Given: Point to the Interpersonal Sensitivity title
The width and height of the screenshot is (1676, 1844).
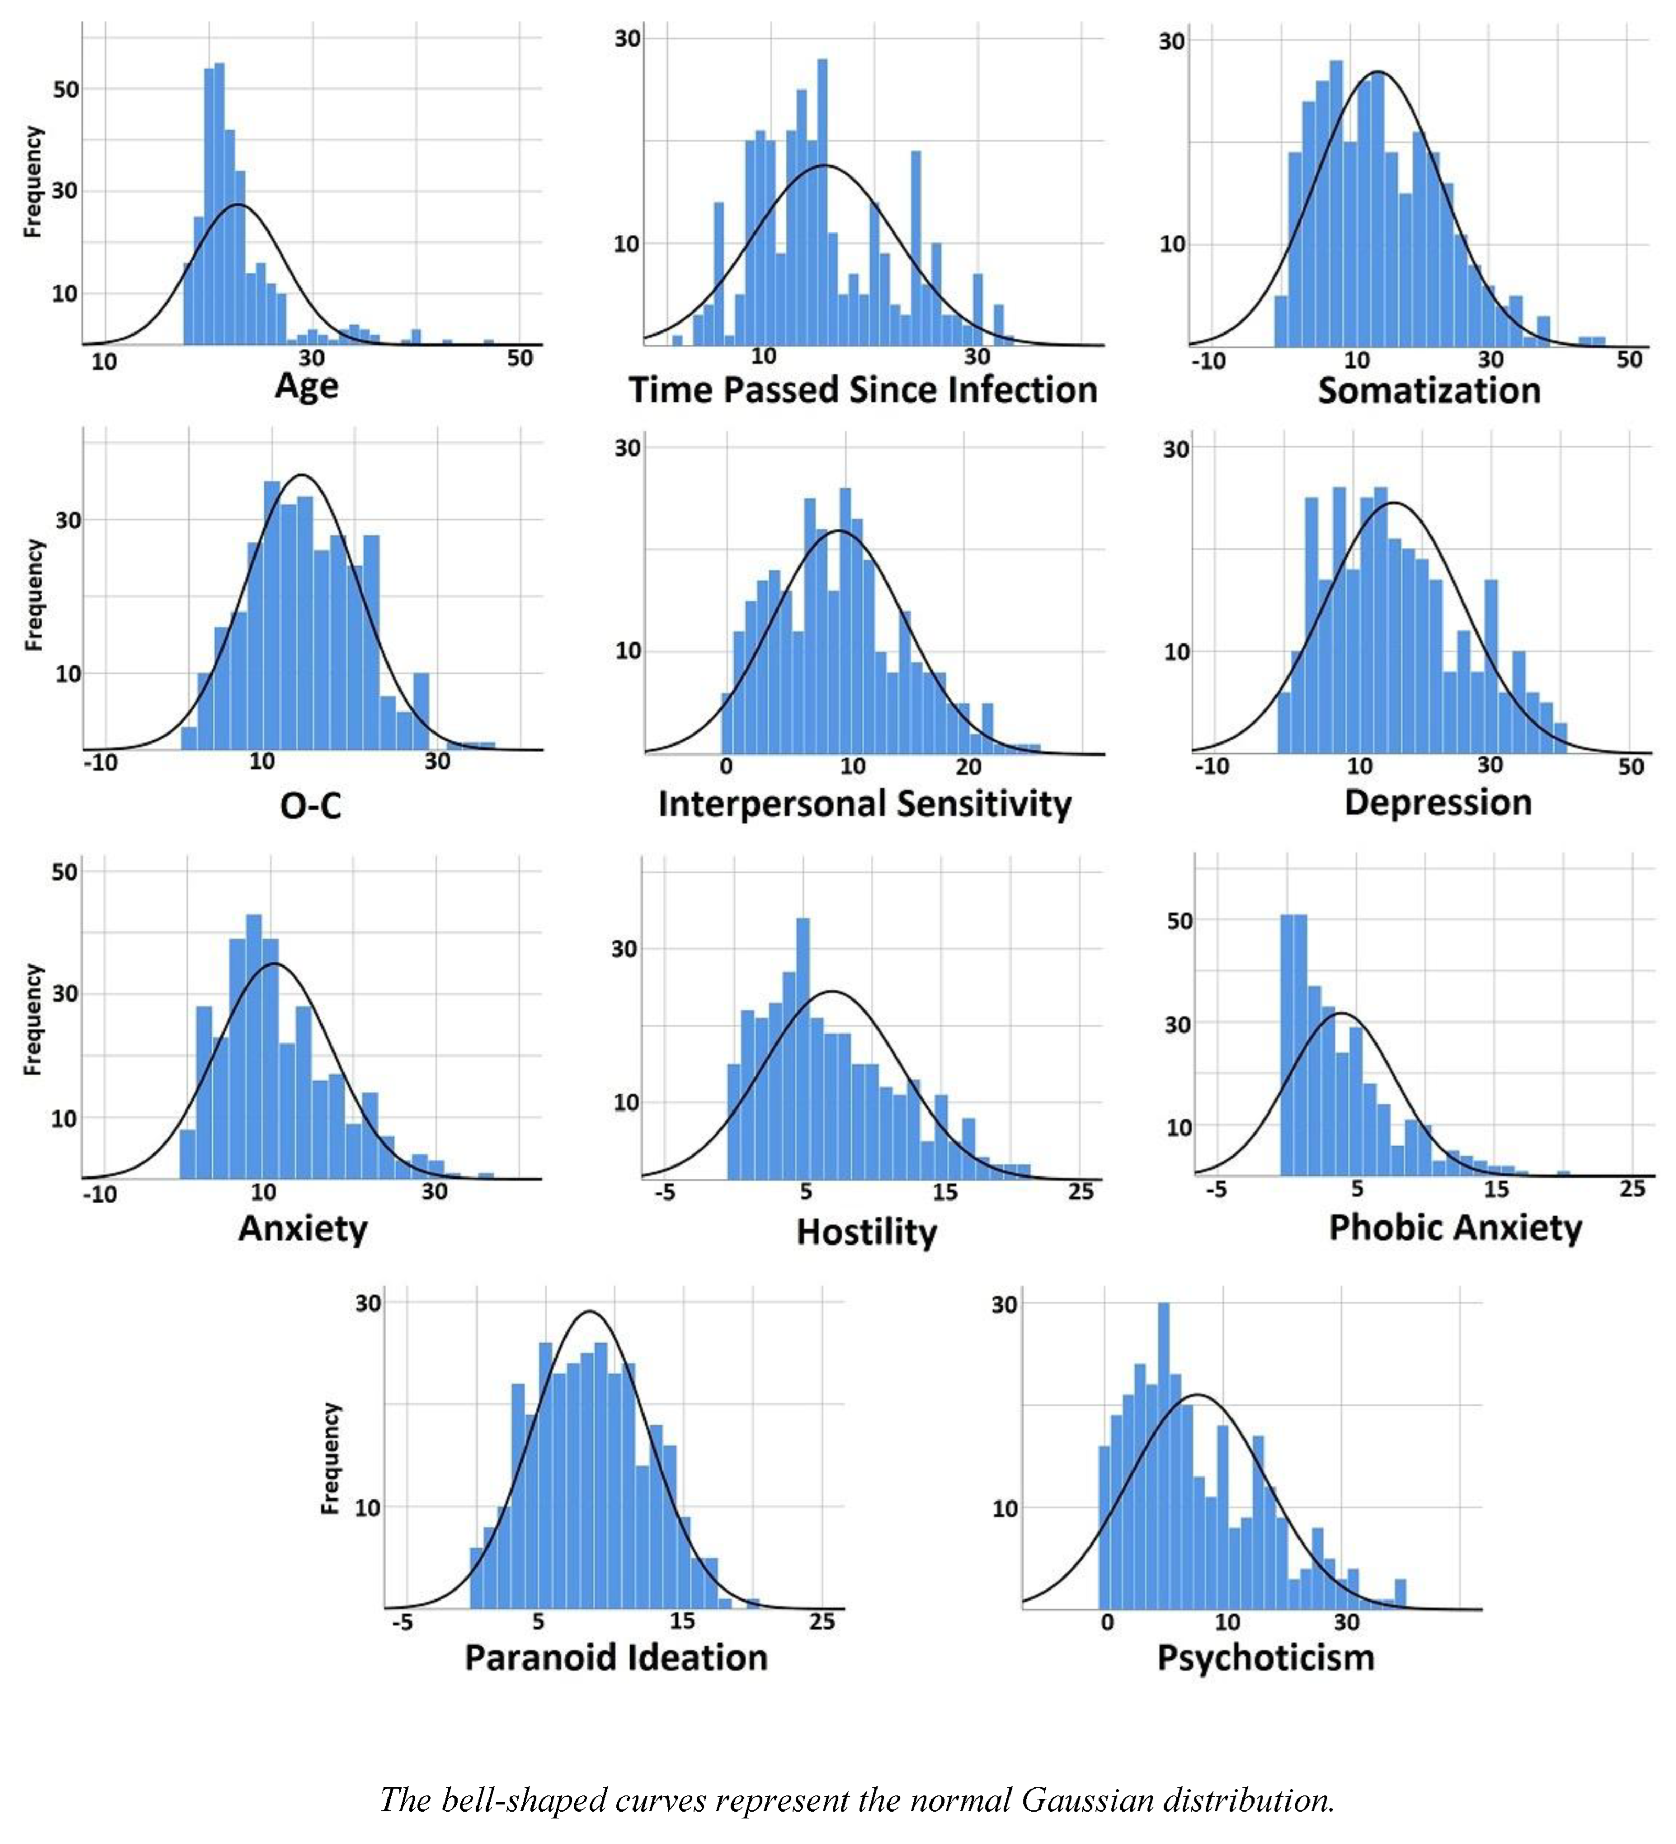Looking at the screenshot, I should coord(864,805).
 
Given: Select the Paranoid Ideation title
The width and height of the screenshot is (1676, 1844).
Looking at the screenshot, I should coord(616,1658).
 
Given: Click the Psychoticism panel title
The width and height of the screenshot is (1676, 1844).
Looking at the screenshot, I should coord(1265,1658).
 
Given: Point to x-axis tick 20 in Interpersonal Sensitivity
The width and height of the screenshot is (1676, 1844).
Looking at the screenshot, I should coord(968,767).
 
